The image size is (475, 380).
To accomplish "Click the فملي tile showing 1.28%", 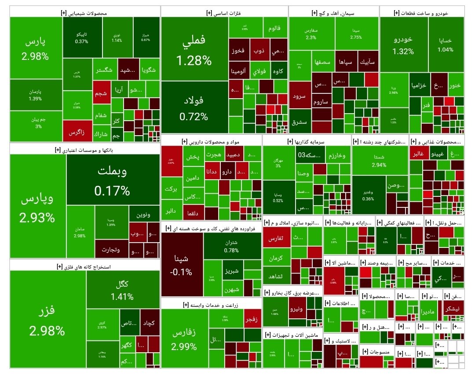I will (x=194, y=49).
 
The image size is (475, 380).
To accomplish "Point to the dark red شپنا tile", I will (x=182, y=264).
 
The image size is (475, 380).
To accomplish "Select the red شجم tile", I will (x=102, y=94).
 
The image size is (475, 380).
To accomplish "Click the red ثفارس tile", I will (x=276, y=238).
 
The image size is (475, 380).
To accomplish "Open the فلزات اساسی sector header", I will (x=224, y=13).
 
